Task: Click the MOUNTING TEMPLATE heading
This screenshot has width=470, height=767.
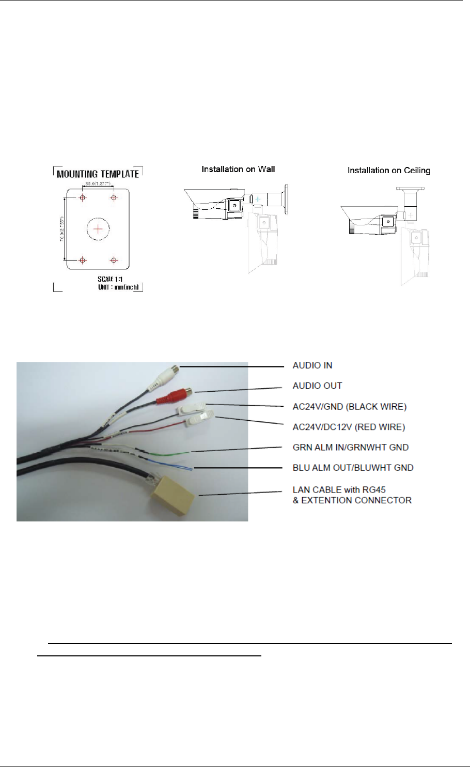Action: (98, 174)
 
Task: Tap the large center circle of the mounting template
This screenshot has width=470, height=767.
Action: (98, 228)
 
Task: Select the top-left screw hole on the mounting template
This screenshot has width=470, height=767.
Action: (82, 198)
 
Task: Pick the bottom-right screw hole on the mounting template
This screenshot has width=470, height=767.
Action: (114, 260)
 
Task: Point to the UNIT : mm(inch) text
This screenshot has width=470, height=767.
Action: (118, 287)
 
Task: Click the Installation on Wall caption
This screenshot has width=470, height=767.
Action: (238, 169)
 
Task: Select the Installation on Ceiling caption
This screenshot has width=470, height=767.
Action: (388, 170)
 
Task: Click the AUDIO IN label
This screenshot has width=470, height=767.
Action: (312, 365)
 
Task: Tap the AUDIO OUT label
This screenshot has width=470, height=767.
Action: (317, 386)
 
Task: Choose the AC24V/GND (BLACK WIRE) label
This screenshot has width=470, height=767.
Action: (349, 406)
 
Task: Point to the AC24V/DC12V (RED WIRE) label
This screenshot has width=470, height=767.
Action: (349, 427)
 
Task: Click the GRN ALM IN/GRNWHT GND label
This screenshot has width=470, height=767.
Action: (350, 447)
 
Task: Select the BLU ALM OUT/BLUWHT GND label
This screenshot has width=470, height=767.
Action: (353, 468)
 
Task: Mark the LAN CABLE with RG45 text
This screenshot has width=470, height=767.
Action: (339, 489)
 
